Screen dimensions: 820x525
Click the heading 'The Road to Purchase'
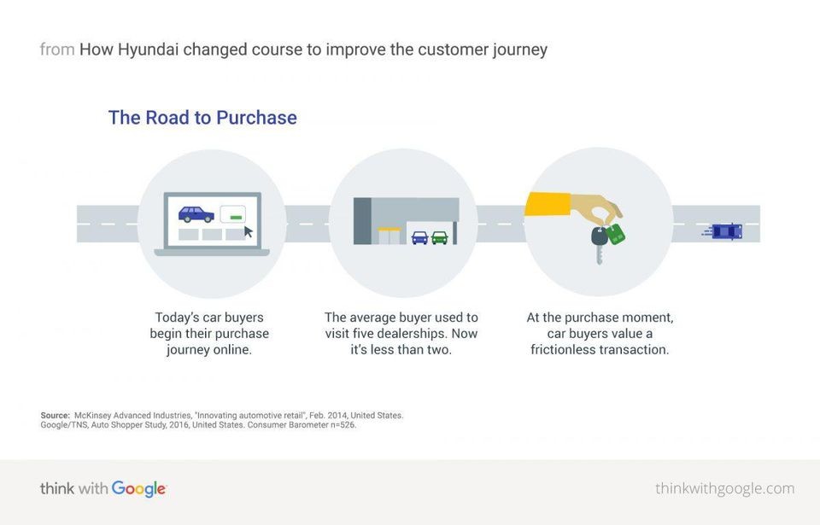202,118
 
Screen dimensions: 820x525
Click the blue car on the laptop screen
196,214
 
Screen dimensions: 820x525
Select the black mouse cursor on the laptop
249,231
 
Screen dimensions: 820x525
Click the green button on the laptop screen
237,217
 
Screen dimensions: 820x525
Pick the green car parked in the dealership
440,238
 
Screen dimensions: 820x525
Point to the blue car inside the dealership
419,238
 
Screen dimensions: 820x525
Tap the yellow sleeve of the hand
548,204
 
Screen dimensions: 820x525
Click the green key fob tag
616,234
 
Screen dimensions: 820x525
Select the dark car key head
600,236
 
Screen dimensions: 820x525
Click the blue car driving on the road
723,231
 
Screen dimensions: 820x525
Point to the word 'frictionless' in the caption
565,350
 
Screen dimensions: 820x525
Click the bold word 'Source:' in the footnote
55,416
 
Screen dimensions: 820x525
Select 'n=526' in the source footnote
343,425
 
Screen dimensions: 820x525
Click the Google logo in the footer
138,489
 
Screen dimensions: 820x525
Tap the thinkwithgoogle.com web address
725,488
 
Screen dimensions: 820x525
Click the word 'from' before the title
57,50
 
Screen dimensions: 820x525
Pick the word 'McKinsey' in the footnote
92,416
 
